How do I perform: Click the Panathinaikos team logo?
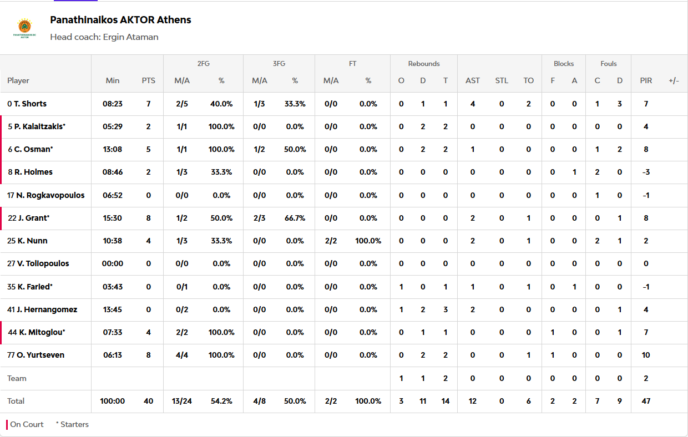pos(24,28)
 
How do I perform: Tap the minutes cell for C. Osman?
pos(112,149)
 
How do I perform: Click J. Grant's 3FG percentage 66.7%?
pos(295,218)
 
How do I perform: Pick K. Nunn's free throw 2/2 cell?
pos(331,241)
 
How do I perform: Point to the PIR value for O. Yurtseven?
pos(646,355)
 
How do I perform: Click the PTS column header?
pos(148,80)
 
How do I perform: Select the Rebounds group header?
pos(424,64)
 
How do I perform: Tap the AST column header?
pos(473,80)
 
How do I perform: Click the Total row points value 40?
pos(148,401)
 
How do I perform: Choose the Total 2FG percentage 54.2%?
pos(221,401)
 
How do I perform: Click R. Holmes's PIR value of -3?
pos(646,172)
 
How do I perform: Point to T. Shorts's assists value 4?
pos(473,104)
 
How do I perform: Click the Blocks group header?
pos(564,64)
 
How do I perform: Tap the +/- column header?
pos(674,80)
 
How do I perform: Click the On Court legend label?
pos(27,424)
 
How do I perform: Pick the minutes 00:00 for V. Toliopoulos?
pos(112,263)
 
